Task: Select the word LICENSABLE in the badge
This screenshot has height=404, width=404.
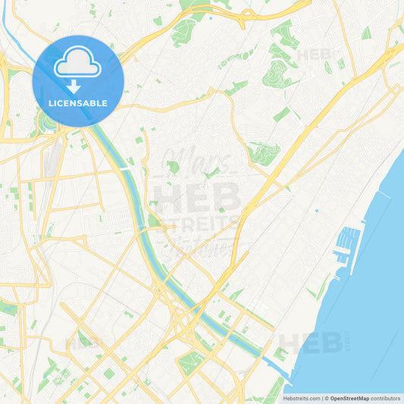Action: [x=78, y=102]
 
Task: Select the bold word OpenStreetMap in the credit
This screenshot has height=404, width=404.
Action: [x=350, y=398]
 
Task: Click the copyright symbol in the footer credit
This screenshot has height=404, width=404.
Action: [x=327, y=398]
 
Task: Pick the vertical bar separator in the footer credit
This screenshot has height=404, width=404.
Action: [x=322, y=398]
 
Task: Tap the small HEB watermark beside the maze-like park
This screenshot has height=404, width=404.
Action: [x=313, y=55]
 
